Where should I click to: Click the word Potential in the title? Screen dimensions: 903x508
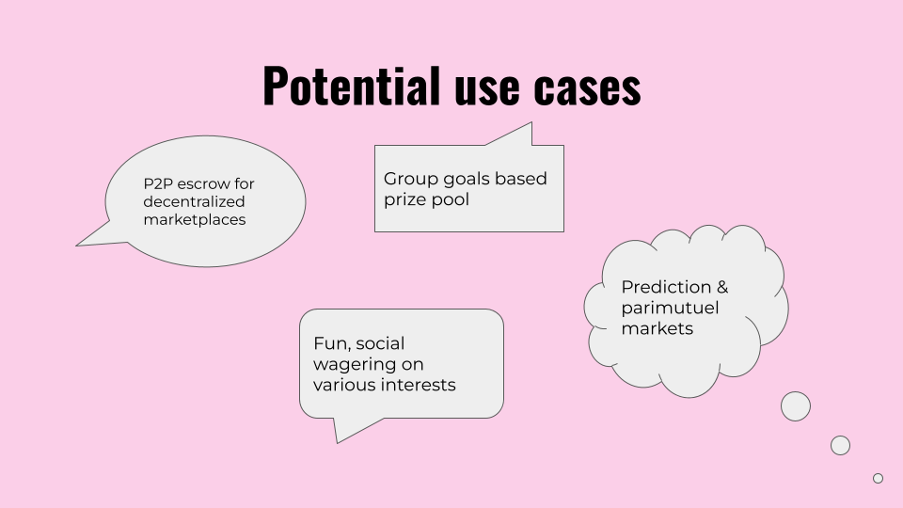pyautogui.click(x=351, y=86)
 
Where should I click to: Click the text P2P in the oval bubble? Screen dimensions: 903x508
pyautogui.click(x=158, y=183)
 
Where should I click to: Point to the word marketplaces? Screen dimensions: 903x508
pyautogui.click(x=195, y=220)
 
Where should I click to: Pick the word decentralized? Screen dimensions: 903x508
pyautogui.click(x=194, y=201)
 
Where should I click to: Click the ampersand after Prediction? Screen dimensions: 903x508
pyautogui.click(x=722, y=287)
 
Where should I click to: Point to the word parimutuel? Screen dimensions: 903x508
pyautogui.click(x=671, y=309)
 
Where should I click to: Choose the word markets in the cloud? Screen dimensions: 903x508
pyautogui.click(x=657, y=328)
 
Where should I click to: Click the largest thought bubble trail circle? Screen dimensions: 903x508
pyautogui.click(x=796, y=406)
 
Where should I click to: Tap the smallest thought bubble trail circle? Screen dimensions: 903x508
pyautogui.click(x=878, y=478)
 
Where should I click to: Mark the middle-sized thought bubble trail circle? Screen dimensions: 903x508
pyautogui.click(x=840, y=445)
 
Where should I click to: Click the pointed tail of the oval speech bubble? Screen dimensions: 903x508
pyautogui.click(x=77, y=246)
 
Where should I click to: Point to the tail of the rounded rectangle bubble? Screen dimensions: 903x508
pyautogui.click(x=338, y=442)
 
